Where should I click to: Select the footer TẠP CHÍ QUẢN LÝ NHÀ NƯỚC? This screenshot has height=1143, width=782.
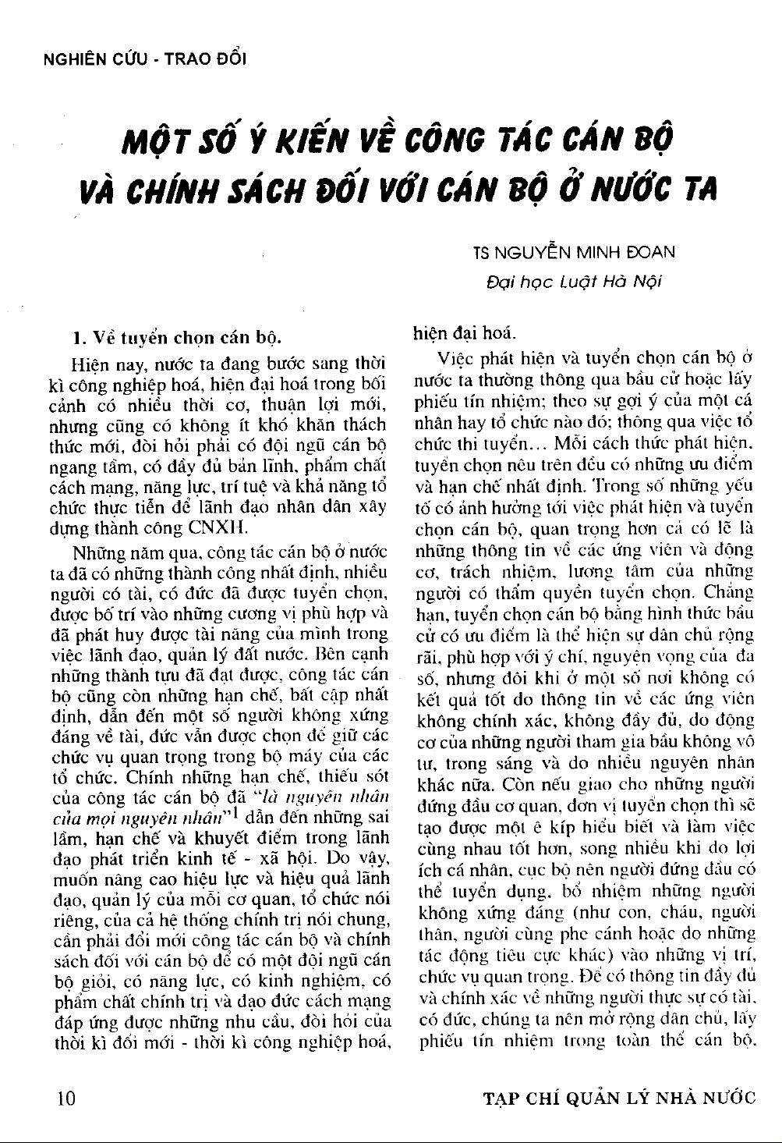(620, 1099)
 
